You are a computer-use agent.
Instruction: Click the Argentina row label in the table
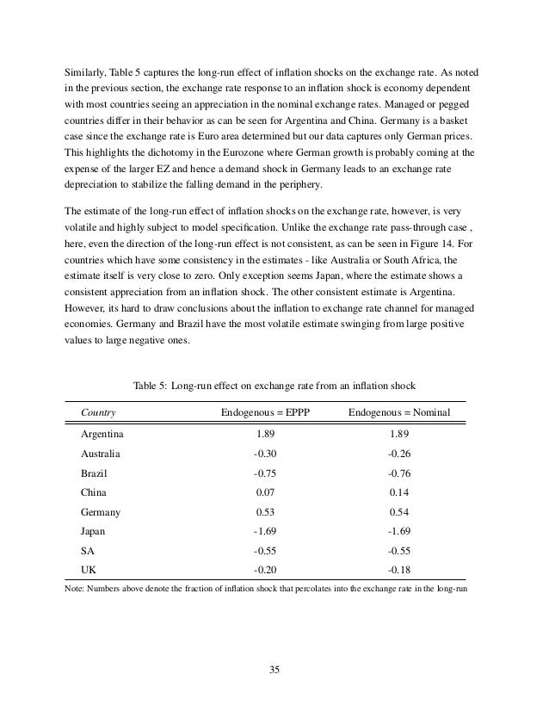pyautogui.click(x=102, y=434)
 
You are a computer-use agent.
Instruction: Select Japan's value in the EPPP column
pyautogui.click(x=265, y=530)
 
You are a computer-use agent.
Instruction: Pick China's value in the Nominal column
pyautogui.click(x=399, y=492)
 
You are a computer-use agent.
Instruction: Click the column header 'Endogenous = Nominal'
pyautogui.click(x=399, y=412)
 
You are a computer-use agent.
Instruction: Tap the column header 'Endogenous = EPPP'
pyautogui.click(x=265, y=412)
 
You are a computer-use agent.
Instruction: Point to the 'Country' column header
pyautogui.click(x=98, y=412)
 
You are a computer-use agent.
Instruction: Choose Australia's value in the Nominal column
pyautogui.click(x=399, y=453)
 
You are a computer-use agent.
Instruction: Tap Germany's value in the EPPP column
pyautogui.click(x=265, y=511)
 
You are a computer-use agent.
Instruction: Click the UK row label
pyautogui.click(x=89, y=569)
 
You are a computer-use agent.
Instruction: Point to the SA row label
pyautogui.click(x=88, y=550)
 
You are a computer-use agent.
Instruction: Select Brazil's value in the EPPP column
pyautogui.click(x=265, y=473)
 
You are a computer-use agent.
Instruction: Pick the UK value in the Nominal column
pyautogui.click(x=399, y=569)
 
